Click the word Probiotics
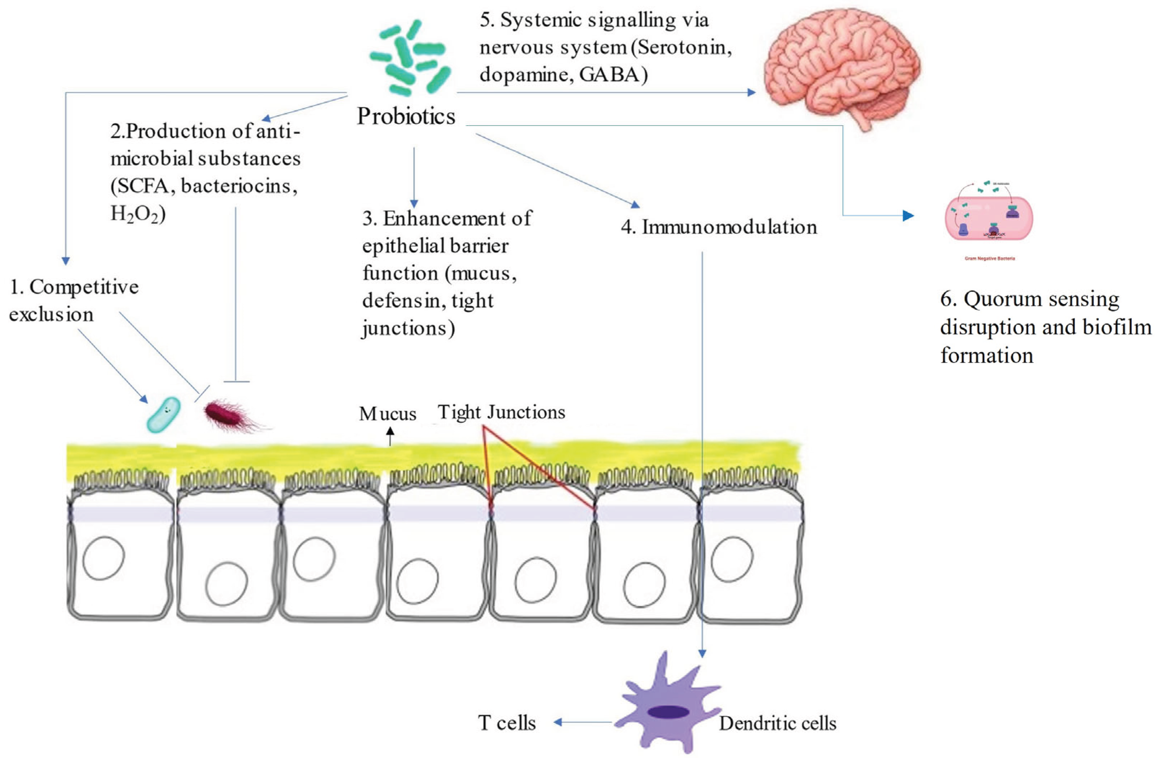click(406, 116)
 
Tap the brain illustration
click(842, 68)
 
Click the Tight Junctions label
click(501, 412)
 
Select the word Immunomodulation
click(729, 227)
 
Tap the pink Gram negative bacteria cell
click(989, 217)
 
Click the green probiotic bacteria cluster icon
click(410, 58)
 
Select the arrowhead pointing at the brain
click(751, 92)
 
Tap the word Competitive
click(84, 288)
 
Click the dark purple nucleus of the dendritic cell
click(668, 712)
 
